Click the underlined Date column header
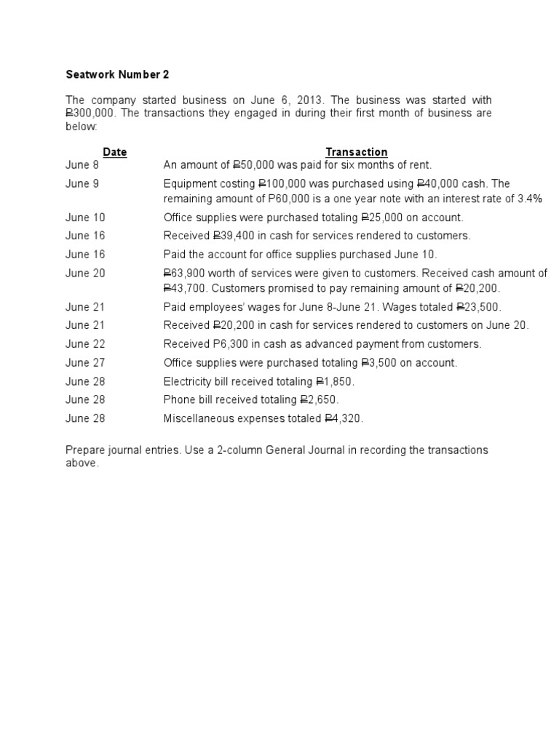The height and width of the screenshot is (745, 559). pyautogui.click(x=114, y=152)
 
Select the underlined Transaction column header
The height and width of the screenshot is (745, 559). pyautogui.click(x=356, y=152)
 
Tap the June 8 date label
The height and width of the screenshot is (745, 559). pyautogui.click(x=82, y=165)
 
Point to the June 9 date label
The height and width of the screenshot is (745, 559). pyautogui.click(x=82, y=184)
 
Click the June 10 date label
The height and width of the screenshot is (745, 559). pyautogui.click(x=85, y=217)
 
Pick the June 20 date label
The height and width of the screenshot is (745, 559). pyautogui.click(x=85, y=274)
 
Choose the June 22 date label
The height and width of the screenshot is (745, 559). pyautogui.click(x=85, y=344)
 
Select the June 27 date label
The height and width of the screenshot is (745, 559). pyautogui.click(x=85, y=362)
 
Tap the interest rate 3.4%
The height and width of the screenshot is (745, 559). pyautogui.click(x=530, y=199)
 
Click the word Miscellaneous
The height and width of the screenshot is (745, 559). pyautogui.click(x=199, y=418)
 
